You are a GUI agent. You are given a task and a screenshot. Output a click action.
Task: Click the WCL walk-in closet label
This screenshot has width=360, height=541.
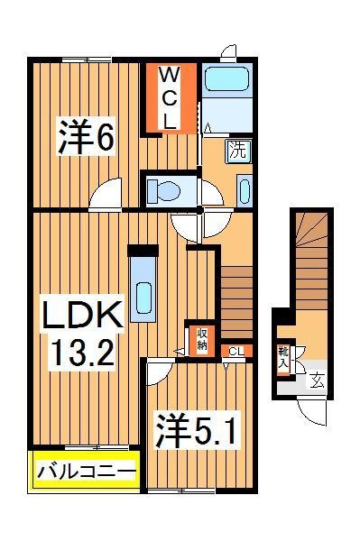(x=171, y=96)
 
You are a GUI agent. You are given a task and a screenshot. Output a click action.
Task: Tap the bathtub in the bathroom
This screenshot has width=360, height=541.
(x=226, y=78)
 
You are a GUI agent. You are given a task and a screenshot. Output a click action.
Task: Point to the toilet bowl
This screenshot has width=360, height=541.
(x=164, y=190)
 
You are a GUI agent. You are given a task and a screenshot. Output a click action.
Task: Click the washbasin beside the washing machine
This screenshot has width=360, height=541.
(x=245, y=191)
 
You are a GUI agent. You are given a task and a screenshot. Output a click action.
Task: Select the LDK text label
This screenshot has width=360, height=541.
(x=81, y=317)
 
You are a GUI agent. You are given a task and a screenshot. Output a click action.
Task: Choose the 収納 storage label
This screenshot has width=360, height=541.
(x=202, y=338)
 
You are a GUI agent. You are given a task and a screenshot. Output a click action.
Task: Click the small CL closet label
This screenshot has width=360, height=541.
(x=235, y=351)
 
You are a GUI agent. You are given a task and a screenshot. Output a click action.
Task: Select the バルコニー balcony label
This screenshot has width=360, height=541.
(x=86, y=471)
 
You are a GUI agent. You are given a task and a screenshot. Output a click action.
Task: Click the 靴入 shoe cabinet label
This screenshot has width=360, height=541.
(x=283, y=357)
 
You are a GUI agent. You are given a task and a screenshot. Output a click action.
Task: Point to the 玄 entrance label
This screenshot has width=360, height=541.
(x=317, y=380)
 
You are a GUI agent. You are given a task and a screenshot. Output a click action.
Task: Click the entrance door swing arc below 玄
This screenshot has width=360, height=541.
(x=311, y=411)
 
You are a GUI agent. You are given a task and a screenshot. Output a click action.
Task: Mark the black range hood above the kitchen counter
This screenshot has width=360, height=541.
(x=142, y=250)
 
